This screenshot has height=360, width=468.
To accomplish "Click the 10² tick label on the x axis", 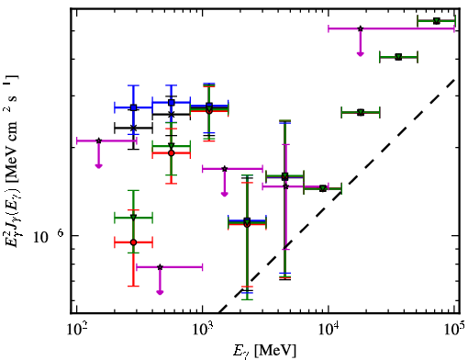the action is pyautogui.click(x=76, y=330).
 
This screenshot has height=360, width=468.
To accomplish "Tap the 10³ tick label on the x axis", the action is pyautogui.click(x=203, y=330).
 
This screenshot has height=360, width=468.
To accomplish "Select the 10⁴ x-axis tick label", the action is pyautogui.click(x=329, y=330).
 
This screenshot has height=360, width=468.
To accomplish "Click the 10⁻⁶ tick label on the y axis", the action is pyautogui.click(x=48, y=236).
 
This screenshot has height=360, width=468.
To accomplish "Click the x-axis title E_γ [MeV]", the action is pyautogui.click(x=264, y=351).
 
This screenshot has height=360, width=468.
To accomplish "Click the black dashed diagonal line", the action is pyautogui.click(x=337, y=197).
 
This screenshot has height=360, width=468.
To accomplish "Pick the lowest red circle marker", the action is pyautogui.click(x=133, y=242).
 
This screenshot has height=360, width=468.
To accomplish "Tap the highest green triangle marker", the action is pyautogui.click(x=437, y=21).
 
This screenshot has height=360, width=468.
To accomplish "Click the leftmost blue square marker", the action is pyautogui.click(x=133, y=107).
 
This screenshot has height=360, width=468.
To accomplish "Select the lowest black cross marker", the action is pyautogui.click(x=133, y=128).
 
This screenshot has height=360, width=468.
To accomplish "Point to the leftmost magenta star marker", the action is pyautogui.click(x=98, y=141).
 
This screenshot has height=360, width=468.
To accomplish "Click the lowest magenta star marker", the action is pyautogui.click(x=160, y=267).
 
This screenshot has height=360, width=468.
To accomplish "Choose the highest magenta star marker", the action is pyautogui.click(x=361, y=28).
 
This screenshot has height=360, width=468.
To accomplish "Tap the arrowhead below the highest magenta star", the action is pyautogui.click(x=361, y=54).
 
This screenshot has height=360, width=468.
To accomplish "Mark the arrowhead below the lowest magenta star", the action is pyautogui.click(x=160, y=292).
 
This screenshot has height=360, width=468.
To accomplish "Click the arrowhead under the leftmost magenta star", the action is pyautogui.click(x=98, y=166).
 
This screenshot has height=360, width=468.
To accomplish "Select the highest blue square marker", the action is pyautogui.click(x=172, y=103).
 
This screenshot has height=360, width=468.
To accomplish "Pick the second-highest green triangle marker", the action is pyautogui.click(x=398, y=57).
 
